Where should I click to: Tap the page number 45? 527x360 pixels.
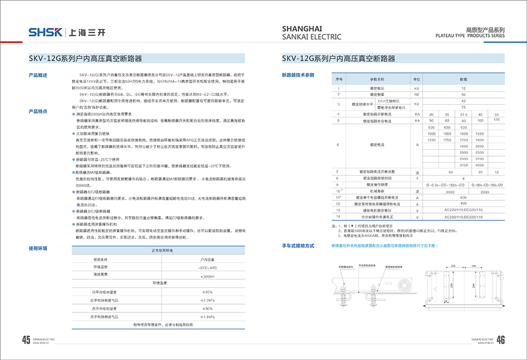26,340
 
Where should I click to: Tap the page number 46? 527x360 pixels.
501,340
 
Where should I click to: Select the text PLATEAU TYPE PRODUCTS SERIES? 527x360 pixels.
470,36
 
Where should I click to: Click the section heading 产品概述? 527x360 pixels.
38,75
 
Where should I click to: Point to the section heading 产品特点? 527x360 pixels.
38,111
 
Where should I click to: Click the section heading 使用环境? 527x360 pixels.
38,248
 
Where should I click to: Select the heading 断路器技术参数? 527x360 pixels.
298,75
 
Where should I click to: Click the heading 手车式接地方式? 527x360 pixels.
298,246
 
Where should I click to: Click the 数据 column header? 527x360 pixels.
463,79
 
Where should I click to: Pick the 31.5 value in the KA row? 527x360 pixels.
464,114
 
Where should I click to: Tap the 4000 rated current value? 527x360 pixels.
479,165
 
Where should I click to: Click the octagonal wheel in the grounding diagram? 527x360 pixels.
404,286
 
